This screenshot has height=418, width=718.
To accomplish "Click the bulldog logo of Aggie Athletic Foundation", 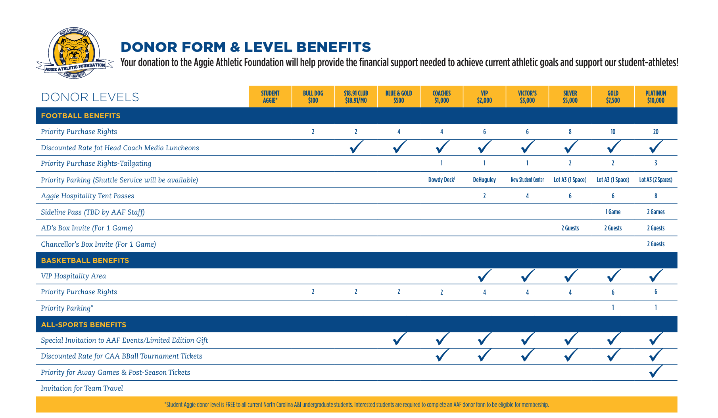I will pos(74,53).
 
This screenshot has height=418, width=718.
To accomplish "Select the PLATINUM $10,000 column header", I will pos(656,97).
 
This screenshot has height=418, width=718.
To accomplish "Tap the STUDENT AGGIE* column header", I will pos(270,97).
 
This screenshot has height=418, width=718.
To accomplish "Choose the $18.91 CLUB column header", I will pos(356,97).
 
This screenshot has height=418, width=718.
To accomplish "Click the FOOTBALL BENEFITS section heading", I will pos(81,116).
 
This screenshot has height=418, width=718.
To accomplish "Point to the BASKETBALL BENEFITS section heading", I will pos(85,261).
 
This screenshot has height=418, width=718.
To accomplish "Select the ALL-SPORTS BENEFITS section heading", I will pos(84,325).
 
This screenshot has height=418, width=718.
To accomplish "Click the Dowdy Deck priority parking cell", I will pos(442,180).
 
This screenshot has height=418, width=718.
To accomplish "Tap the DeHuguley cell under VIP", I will pos(484,180).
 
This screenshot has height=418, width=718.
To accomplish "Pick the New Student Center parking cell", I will pos(527,180).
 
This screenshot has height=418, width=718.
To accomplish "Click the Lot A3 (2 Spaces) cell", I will pos(656,180).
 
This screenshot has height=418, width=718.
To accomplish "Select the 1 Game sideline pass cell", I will pos(613,212).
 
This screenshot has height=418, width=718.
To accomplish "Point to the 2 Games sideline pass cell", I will pos(656,212).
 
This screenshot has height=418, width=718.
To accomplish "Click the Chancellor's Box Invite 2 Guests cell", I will pos(656,244).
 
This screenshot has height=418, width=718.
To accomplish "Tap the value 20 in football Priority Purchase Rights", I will pos(656,132).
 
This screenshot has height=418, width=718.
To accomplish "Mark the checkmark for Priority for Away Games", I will pos(656,372).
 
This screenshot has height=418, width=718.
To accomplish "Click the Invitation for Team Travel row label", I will pos(82,388).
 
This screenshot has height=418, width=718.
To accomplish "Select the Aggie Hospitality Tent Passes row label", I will pos(88,196).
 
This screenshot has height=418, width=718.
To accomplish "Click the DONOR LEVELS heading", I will pos(90,97).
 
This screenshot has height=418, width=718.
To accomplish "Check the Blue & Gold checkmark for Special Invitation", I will pos(399,339).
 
